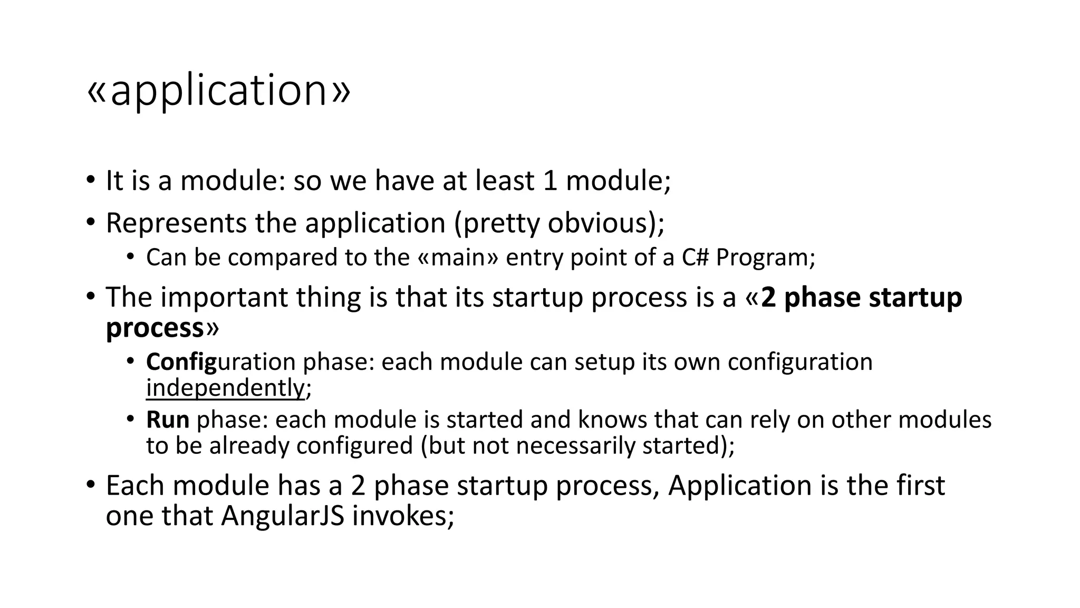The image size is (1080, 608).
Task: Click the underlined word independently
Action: coord(225,388)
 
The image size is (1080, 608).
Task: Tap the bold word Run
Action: coord(167,420)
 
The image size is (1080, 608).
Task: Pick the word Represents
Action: coord(176,223)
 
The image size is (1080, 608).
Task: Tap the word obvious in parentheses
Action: coord(599,223)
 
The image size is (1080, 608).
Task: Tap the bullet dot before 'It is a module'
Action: coord(91,180)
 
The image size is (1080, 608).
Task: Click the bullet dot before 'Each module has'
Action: coord(91,484)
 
